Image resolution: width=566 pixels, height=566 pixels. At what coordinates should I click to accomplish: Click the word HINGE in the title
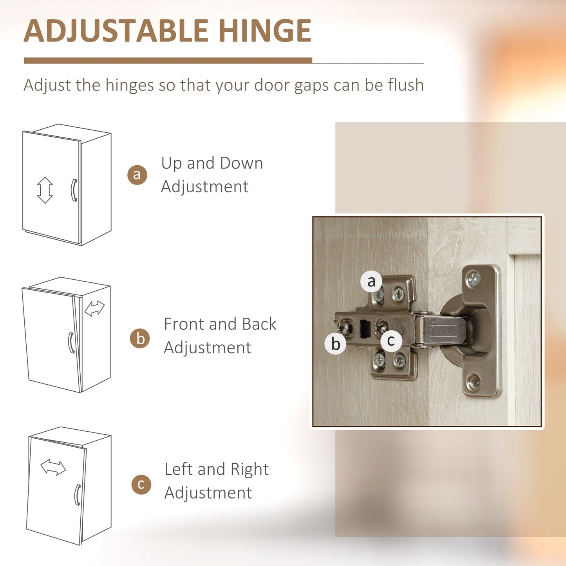265,31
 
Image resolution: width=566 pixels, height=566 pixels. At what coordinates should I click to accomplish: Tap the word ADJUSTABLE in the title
116,31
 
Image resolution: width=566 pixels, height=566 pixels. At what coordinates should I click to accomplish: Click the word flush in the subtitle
406,85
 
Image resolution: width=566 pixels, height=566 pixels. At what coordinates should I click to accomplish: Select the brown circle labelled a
137,175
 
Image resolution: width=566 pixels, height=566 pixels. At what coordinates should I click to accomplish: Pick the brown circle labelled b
140,338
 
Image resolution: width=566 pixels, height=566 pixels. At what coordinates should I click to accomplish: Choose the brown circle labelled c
141,485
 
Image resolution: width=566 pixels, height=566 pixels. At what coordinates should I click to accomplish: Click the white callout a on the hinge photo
371,281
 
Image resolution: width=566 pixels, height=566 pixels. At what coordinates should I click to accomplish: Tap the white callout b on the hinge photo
335,344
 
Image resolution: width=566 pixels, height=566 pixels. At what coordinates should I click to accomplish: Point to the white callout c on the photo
391,340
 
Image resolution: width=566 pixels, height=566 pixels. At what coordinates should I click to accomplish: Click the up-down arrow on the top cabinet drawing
45,190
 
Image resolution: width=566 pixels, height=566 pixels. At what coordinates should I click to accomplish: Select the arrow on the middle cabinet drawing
94,308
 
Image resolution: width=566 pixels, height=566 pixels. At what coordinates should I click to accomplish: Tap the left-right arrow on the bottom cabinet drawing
53,467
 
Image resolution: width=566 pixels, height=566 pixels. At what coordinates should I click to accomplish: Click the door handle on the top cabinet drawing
74,190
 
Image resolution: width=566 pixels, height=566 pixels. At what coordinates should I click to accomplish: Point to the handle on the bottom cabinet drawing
77,495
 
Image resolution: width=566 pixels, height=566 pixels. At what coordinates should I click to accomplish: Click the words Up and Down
212,163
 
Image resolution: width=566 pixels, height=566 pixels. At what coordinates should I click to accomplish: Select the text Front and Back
220,324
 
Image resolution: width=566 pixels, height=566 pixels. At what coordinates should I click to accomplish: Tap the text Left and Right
216,469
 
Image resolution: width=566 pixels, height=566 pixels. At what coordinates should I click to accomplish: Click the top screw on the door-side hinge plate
474,279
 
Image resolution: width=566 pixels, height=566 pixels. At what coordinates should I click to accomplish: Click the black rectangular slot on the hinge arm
365,329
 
